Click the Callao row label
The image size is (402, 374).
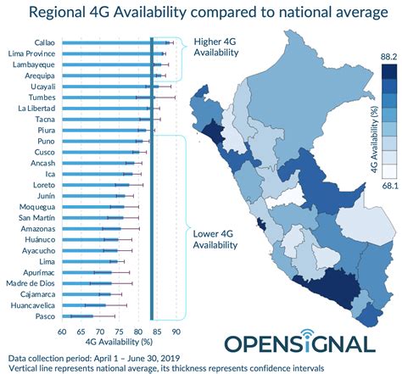[46, 42]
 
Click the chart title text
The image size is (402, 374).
[201, 14]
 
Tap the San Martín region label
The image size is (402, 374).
[38, 217]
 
